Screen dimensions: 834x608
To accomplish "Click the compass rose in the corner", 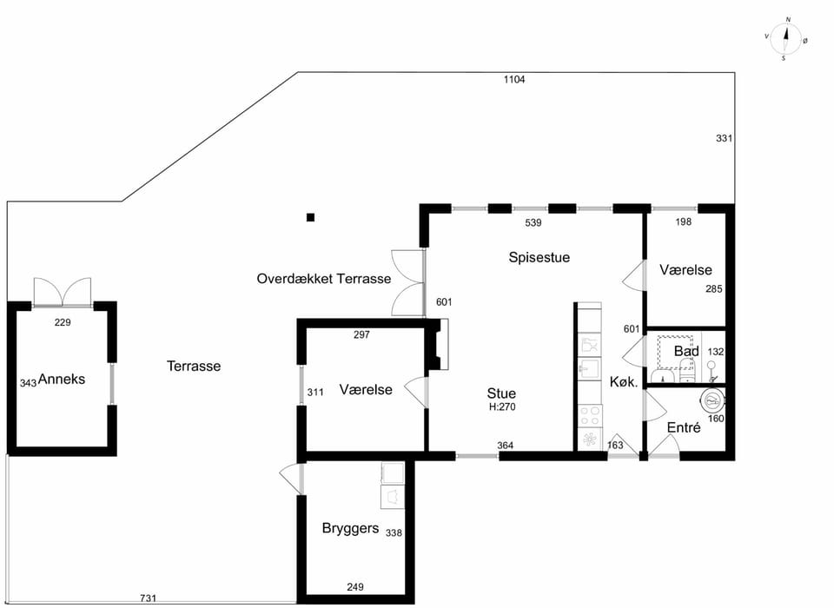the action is coord(786,39).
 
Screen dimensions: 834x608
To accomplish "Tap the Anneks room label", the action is coord(61,380).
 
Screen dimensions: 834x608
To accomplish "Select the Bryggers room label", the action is coord(350,529).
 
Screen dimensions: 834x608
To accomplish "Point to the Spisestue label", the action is coord(539,257).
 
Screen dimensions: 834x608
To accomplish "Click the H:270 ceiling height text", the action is coord(502,407).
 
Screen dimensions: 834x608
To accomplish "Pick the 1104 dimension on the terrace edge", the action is coord(514,80).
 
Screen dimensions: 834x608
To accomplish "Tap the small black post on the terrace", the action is coord(311,217).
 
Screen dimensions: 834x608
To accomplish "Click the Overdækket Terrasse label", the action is coord(324,279).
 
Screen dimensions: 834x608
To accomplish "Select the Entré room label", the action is coord(684,427).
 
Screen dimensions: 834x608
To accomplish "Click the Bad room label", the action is coord(686,351).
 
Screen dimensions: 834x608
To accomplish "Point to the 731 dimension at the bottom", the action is coord(148,598).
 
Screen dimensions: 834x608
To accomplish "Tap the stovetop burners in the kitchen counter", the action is coord(590,415).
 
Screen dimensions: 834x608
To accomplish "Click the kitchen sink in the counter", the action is coord(589,368).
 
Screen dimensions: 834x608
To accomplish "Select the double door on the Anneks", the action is coord(63,292).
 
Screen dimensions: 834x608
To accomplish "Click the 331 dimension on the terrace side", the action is coord(724,138).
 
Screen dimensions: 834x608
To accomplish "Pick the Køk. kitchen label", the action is coord(624,382).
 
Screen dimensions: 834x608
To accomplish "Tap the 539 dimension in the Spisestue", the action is coord(533,223).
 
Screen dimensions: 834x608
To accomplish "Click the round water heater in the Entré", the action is coord(712,400).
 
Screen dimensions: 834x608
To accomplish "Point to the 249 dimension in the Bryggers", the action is coord(355,587).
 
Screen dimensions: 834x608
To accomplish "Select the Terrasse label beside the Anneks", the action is coord(194,366).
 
